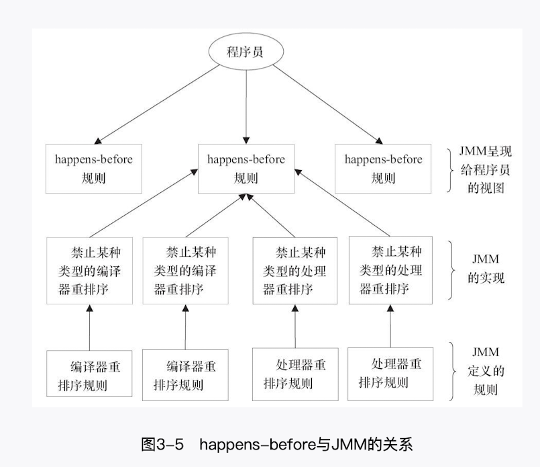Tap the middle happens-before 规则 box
[246, 169]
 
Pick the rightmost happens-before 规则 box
[383, 169]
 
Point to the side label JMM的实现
[486, 268]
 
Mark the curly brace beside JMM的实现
[453, 270]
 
